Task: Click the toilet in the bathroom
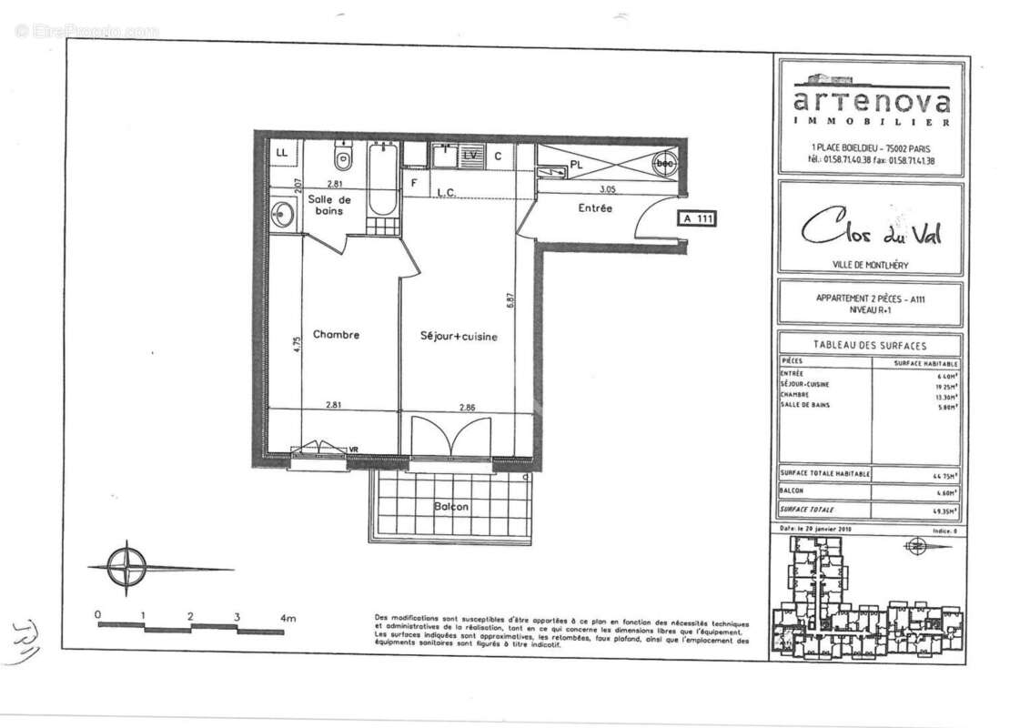(x=342, y=161)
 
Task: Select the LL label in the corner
(x=281, y=153)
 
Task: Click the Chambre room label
(x=336, y=334)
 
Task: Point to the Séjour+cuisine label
(x=459, y=337)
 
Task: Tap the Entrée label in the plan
(x=595, y=208)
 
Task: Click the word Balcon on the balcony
(x=450, y=506)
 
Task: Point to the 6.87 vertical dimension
(x=511, y=299)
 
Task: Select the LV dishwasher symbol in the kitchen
(x=470, y=155)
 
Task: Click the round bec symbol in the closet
(x=664, y=162)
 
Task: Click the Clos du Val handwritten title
(x=871, y=231)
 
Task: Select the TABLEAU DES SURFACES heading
(x=869, y=345)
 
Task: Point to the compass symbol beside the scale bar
(x=126, y=566)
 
